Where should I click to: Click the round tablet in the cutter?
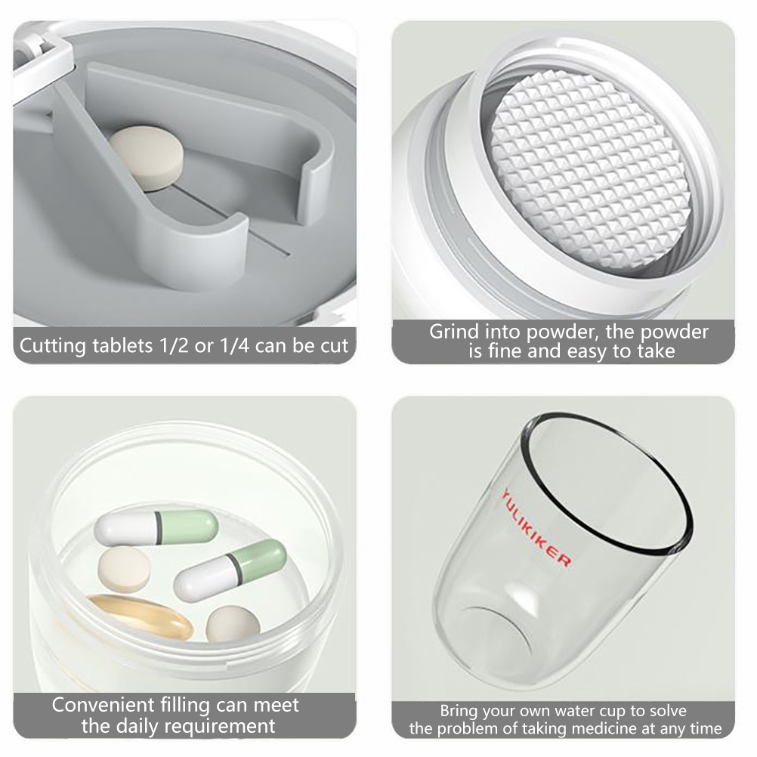click(x=147, y=158)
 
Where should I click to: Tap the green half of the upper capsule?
click(x=189, y=527)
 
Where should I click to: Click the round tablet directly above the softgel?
click(x=124, y=569)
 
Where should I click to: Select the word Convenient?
click(x=102, y=706)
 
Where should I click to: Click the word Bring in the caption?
click(x=457, y=712)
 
